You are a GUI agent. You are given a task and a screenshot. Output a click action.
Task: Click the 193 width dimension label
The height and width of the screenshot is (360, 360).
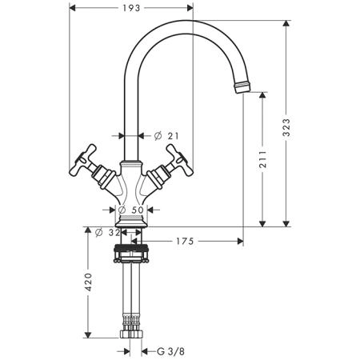pos(131,8)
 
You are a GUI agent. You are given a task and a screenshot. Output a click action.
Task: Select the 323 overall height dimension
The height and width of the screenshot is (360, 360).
pos(286,127)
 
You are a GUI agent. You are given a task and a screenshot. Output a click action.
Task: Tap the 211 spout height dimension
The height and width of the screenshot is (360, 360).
pos(263,159)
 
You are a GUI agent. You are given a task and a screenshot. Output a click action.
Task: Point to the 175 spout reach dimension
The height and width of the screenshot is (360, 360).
pos(185,242)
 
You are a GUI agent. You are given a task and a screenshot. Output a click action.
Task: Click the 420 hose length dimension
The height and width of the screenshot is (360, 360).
pos(88,282)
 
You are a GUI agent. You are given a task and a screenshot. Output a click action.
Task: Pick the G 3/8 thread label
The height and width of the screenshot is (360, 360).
pos(170,351)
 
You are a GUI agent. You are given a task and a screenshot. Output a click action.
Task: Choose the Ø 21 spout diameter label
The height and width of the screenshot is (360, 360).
pos(166,136)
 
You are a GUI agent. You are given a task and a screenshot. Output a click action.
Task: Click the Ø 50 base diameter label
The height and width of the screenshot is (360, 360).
pos(131,210)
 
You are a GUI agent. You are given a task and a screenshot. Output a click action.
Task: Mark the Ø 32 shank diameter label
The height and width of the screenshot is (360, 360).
pos(108,233)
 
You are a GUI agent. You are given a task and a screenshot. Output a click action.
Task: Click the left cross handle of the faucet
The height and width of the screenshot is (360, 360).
pos(82,160)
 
